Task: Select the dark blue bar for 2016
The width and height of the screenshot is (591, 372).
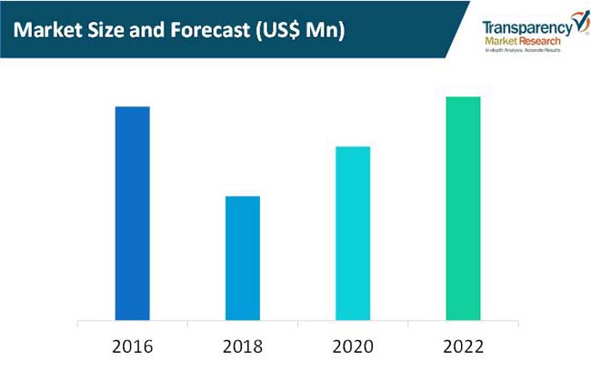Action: [133, 214]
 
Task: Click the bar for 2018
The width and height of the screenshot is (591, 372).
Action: [243, 258]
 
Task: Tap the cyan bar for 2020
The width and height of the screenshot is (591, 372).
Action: [353, 234]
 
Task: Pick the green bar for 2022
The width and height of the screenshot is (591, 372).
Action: [463, 208]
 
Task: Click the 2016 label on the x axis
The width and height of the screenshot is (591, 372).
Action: [133, 347]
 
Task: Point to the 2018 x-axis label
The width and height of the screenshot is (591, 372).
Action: [243, 347]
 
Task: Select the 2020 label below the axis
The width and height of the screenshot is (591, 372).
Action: [353, 347]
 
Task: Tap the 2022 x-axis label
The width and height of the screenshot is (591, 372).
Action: [463, 347]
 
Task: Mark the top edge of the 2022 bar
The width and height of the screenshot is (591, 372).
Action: [463, 97]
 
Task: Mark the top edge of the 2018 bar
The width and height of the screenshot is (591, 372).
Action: [243, 196]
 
